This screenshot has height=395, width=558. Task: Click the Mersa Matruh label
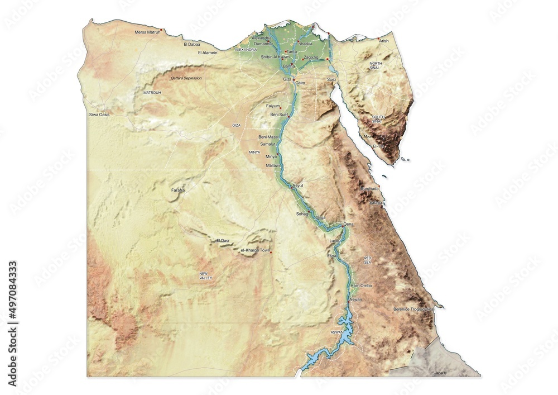pyautogui.click(x=147, y=32)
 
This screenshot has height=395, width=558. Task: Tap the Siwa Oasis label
pyautogui.click(x=99, y=115)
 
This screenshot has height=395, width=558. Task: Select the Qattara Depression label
pyautogui.click(x=186, y=78)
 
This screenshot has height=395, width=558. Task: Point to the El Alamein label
pyautogui.click(x=208, y=53)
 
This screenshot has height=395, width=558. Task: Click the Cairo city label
pyautogui.click(x=301, y=83)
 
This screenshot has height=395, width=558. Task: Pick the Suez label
pyautogui.click(x=332, y=80)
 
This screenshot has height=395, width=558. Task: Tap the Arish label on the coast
pyautogui.click(x=384, y=41)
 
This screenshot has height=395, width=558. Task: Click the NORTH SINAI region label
pyautogui.click(x=376, y=66)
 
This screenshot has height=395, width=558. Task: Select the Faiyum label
pyautogui.click(x=273, y=106)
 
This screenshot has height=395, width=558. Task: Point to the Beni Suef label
pyautogui.click(x=279, y=115)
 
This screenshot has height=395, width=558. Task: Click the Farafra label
pyautogui.click(x=179, y=191)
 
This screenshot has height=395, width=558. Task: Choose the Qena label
pyautogui.click(x=349, y=224)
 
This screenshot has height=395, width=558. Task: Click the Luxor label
pyautogui.click(x=335, y=241)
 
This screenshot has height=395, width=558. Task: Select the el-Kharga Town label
pyautogui.click(x=255, y=250)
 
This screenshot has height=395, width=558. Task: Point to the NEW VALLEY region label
pyautogui.click(x=206, y=275)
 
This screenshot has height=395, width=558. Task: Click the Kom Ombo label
pyautogui.click(x=362, y=285)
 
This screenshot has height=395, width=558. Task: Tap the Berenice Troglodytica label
pyautogui.click(x=413, y=309)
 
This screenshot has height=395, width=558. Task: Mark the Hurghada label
pyautogui.click(x=370, y=189)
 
